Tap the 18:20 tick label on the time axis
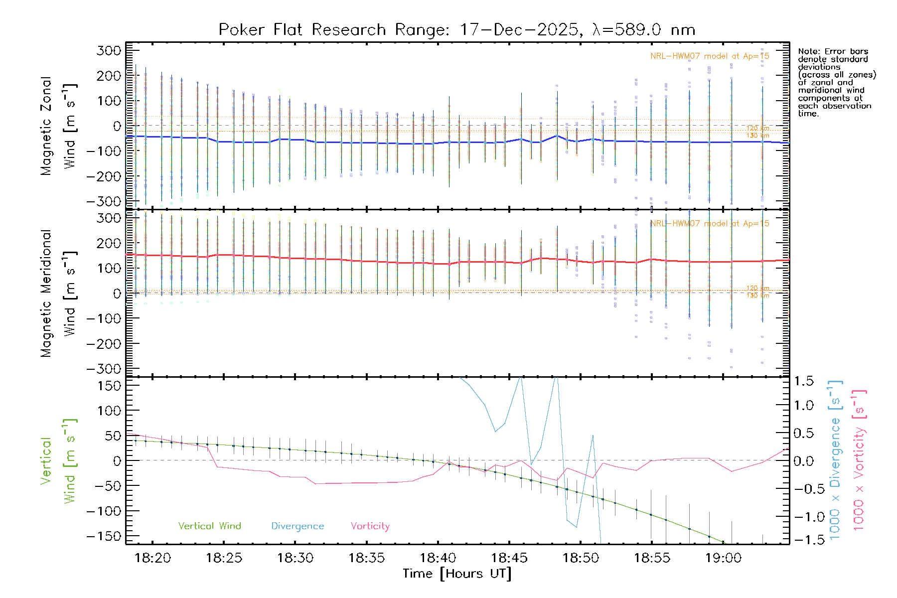152,558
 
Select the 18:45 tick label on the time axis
509,558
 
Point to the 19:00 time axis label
723,558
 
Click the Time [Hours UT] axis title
457,574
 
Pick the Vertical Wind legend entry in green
209,526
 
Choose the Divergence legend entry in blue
298,526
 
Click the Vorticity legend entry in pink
370,526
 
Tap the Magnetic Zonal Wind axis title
58,126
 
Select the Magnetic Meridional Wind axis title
58,294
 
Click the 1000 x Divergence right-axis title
835,460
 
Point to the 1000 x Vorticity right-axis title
859,460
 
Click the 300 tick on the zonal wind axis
109,51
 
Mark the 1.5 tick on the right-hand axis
804,381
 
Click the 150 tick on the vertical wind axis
109,386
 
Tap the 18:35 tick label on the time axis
366,558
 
